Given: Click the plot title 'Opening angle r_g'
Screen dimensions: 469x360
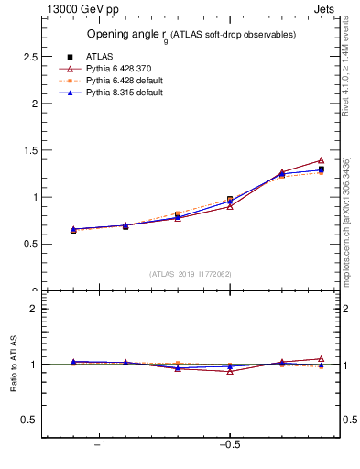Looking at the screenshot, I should click(191, 35).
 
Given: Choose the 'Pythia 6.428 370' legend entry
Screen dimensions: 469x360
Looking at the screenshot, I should click(121, 68).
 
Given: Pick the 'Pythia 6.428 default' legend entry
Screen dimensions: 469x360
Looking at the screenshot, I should click(125, 81).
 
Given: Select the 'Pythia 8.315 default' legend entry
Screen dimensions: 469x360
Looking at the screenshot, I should click(125, 93).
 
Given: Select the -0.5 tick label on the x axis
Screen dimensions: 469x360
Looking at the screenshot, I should click(229, 444).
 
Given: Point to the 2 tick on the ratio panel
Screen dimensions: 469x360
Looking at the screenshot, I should click(32, 309).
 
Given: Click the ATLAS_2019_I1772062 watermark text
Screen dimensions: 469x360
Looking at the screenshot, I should click(191, 274).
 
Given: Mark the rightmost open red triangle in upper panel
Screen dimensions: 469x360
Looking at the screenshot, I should click(321, 160).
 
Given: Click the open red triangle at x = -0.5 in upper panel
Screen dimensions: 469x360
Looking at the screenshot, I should click(230, 206).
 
